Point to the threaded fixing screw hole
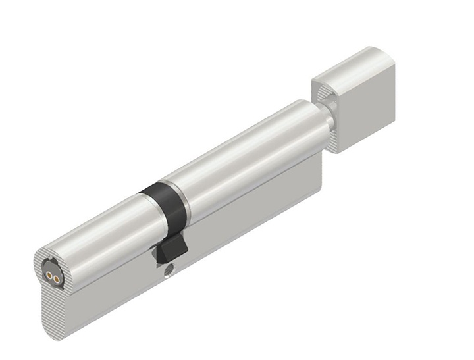coord(170,269)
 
